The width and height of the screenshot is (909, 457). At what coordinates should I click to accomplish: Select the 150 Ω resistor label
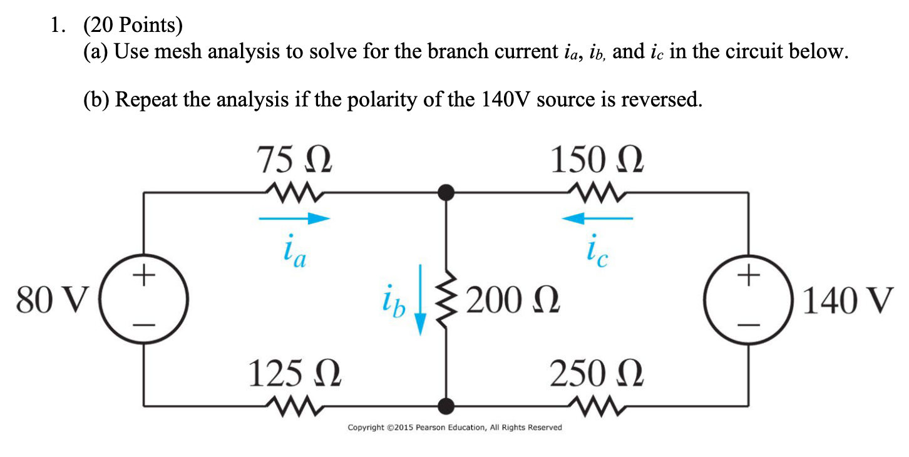(x=596, y=161)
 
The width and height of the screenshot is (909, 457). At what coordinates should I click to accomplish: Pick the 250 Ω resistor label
(x=596, y=374)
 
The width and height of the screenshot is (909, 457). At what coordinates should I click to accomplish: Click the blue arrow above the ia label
(x=294, y=218)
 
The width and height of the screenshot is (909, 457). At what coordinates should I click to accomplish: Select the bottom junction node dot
(x=446, y=406)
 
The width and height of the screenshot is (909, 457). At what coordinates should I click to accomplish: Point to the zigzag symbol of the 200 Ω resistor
(x=446, y=302)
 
